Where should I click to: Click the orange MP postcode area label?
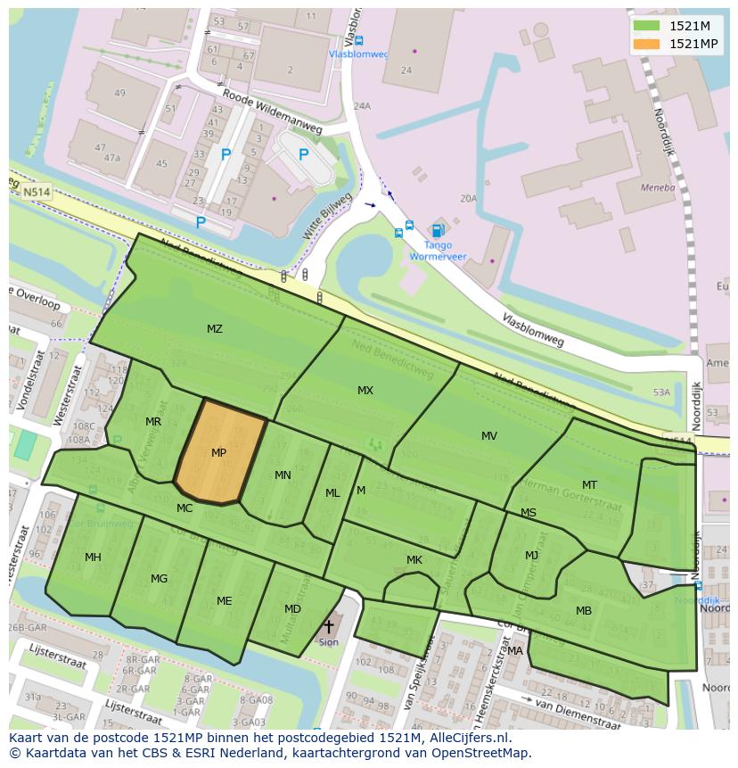[218, 453]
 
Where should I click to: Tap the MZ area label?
[215, 329]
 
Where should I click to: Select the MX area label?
[365, 391]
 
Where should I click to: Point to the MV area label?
[489, 436]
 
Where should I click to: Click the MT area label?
[589, 485]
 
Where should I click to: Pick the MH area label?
[93, 557]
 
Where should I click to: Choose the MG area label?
[159, 579]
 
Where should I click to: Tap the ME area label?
[224, 601]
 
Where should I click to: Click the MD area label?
[292, 609]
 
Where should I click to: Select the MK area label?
[414, 560]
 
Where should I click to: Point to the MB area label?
[584, 611]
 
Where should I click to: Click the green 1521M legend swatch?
[646, 26]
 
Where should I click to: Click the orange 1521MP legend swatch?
[646, 44]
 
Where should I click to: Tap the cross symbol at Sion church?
[329, 627]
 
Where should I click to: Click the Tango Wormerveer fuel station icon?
[437, 231]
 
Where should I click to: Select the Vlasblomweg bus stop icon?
[358, 40]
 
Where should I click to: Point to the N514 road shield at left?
[37, 192]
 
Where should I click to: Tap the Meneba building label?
[658, 188]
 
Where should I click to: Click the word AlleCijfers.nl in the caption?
[465, 738]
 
